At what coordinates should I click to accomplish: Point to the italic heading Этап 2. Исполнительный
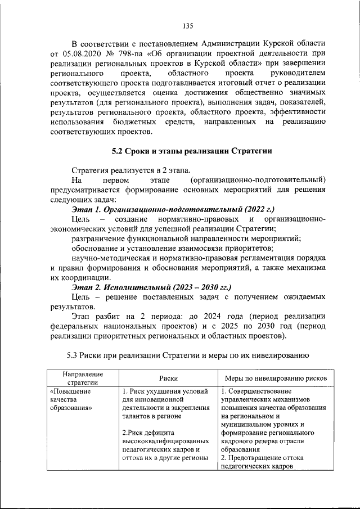pos(115,287)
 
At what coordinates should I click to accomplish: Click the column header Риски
pos(164,379)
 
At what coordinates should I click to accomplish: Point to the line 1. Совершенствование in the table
pos(255,391)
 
